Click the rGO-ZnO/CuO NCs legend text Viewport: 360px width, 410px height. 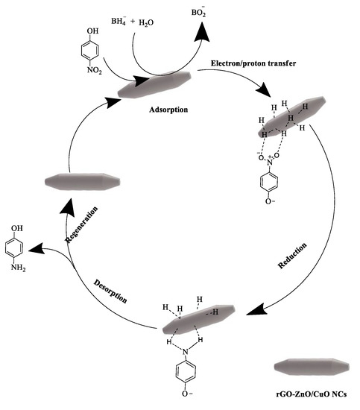click(x=312, y=393)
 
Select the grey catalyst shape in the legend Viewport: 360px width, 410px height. click(x=312, y=368)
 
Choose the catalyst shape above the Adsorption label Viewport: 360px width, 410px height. click(x=156, y=84)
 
